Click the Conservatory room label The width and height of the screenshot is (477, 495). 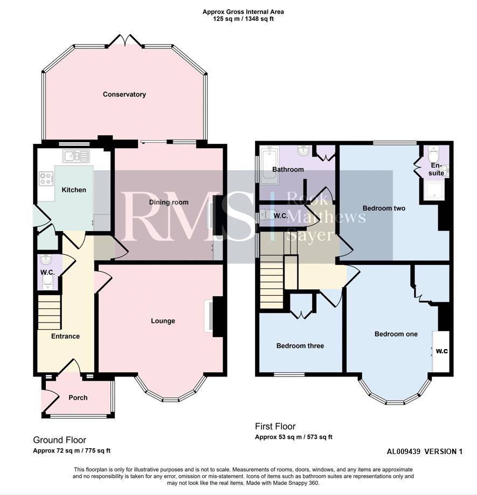[124, 94]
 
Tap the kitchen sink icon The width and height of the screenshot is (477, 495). [76, 156]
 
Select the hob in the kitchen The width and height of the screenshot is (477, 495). [46, 178]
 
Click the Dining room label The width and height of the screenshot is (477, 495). [169, 203]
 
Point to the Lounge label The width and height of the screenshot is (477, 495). [163, 321]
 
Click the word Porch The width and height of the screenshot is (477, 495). [78, 398]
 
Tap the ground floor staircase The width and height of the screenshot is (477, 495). [49, 312]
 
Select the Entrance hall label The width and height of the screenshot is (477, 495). [65, 336]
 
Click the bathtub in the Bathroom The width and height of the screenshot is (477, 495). [269, 165]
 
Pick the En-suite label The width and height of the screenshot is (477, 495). [436, 170]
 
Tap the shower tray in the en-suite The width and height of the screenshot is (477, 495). [434, 190]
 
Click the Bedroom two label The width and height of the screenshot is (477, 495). [384, 208]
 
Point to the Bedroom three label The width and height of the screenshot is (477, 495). [300, 346]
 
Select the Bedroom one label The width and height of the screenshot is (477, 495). [396, 334]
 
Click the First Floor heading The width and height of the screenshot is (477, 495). [275, 427]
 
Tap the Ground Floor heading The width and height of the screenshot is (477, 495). [59, 440]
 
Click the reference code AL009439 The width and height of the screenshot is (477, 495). [404, 452]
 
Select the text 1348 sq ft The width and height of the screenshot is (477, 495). [259, 19]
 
